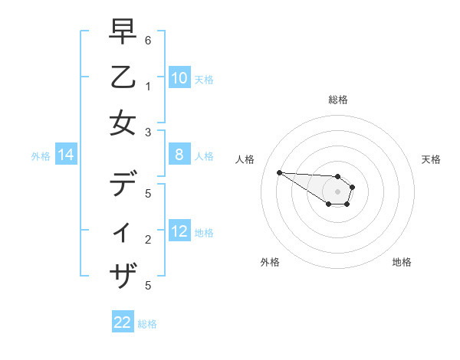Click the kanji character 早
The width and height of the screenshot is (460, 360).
[x=123, y=32]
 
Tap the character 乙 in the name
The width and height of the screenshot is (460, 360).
[x=123, y=77]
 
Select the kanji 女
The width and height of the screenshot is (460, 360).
[x=123, y=123]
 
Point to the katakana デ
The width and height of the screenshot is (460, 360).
[x=123, y=185]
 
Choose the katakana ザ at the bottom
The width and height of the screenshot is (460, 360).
[x=123, y=275]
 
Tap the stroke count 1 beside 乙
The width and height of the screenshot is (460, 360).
[x=147, y=86]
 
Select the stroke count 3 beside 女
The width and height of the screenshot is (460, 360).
[x=147, y=132]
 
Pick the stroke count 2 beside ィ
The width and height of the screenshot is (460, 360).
[x=147, y=240]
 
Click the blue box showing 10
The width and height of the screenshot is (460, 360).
[x=179, y=78]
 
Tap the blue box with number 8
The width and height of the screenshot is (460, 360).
[x=179, y=155]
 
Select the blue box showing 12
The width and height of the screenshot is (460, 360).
[x=179, y=232]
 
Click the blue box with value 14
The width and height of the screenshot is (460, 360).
[x=66, y=155]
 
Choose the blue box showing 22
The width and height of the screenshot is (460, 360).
[x=123, y=322]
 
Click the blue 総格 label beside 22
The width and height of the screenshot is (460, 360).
[x=147, y=324]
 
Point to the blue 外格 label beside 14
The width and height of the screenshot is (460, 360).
[x=41, y=156]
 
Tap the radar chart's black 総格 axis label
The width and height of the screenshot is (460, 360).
[x=338, y=100]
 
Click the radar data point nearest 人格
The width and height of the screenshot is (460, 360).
[x=279, y=172]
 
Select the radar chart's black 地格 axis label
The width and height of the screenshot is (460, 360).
[x=402, y=262]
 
